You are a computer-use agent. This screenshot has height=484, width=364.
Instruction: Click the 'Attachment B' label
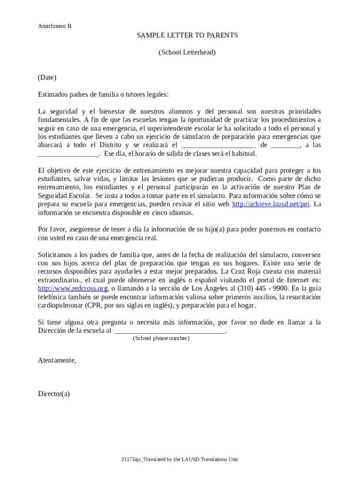54,26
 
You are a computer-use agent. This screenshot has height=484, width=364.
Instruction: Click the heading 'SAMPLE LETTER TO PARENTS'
187,35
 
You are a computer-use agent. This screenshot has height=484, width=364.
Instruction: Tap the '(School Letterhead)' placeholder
187,52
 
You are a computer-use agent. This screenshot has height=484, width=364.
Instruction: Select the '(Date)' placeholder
47,78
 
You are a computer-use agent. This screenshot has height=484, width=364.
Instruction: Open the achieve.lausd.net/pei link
270,204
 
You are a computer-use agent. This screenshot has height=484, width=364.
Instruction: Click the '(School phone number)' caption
161,338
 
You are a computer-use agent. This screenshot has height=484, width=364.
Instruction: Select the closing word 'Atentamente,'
57,361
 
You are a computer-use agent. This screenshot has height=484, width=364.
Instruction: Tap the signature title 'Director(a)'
53,394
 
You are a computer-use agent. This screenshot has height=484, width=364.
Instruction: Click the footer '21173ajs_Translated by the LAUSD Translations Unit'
179,459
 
